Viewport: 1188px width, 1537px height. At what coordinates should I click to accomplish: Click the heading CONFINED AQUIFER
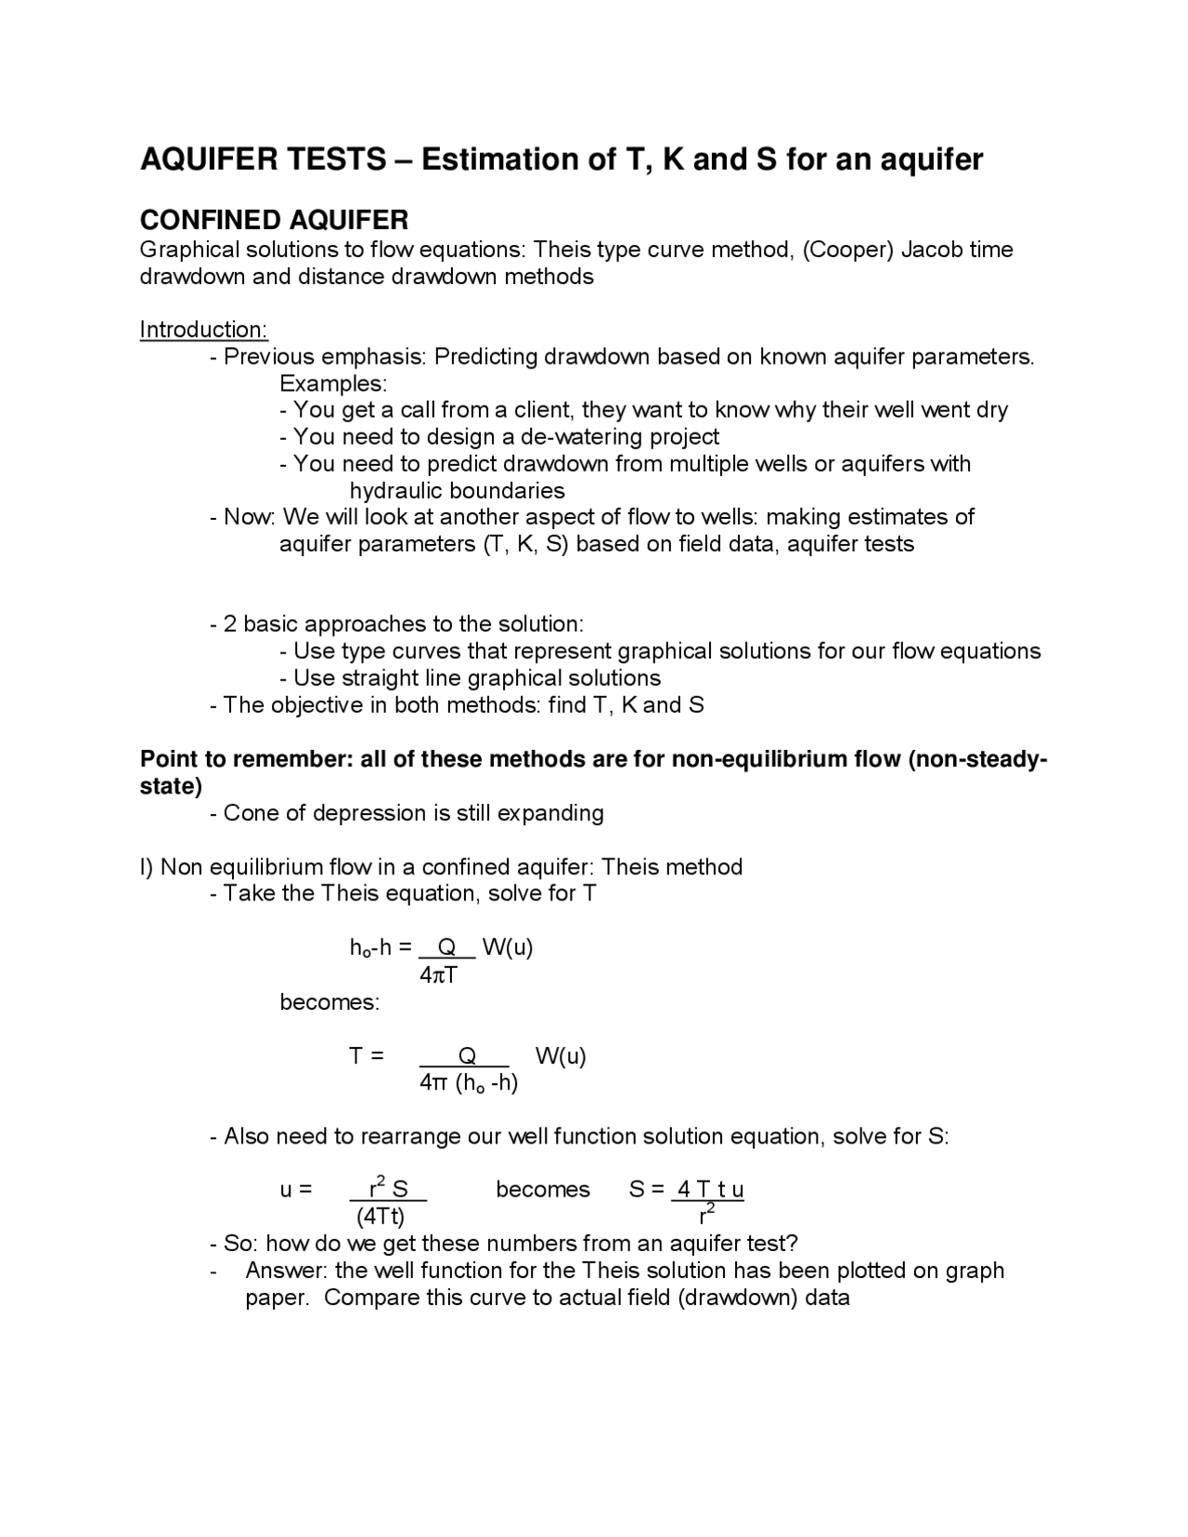[274, 220]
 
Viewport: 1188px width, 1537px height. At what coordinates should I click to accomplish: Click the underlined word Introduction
[203, 329]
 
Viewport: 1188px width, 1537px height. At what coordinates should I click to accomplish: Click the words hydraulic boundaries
[457, 491]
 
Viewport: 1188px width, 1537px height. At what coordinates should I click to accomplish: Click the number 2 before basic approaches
[229, 625]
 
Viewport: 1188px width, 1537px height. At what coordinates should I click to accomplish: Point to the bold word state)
[171, 786]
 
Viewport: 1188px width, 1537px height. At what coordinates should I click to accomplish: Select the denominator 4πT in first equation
[438, 975]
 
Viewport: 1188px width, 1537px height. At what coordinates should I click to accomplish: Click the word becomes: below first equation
[329, 1002]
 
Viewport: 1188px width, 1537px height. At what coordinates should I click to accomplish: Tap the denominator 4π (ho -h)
[468, 1083]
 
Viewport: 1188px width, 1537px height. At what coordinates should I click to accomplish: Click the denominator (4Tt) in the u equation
[380, 1217]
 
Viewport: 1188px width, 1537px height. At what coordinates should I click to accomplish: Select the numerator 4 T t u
[710, 1190]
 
